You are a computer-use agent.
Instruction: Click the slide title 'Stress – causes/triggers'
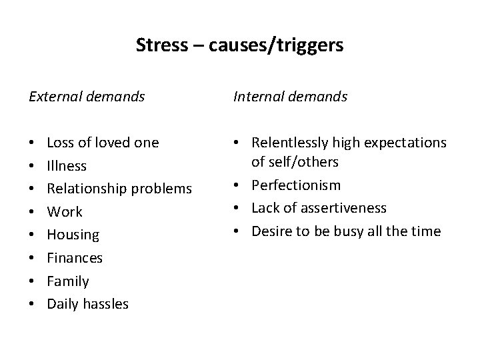(x=239, y=45)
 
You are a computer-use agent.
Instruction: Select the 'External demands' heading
(x=87, y=97)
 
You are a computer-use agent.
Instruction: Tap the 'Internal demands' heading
(x=290, y=97)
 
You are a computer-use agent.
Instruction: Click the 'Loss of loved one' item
(x=103, y=143)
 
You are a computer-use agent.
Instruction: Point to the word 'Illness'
(x=67, y=165)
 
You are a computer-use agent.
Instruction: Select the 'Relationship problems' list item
(x=119, y=189)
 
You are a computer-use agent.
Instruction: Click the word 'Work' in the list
(x=65, y=212)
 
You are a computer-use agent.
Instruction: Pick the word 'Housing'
(x=73, y=235)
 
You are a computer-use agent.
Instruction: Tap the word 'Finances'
(x=75, y=258)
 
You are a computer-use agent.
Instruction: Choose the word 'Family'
(x=67, y=281)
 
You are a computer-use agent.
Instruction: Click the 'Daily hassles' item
(x=87, y=305)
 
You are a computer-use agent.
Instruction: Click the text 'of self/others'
(x=295, y=162)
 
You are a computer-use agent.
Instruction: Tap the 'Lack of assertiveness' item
(x=319, y=208)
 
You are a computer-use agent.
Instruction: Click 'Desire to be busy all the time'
(x=345, y=231)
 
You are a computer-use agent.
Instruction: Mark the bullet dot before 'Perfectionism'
(x=238, y=185)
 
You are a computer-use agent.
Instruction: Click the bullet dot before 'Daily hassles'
(x=33, y=305)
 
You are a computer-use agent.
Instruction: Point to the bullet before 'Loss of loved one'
(x=33, y=143)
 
